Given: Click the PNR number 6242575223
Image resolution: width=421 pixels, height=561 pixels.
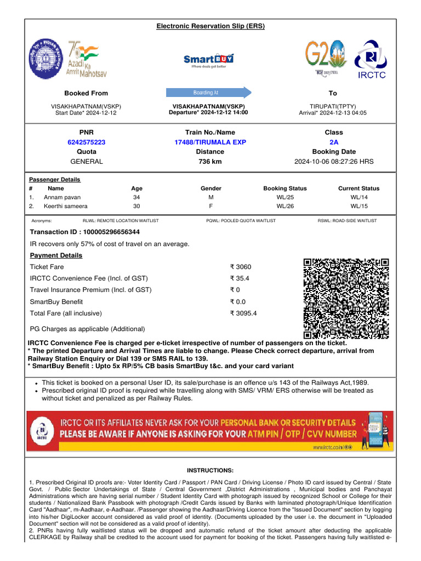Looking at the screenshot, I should [87, 142].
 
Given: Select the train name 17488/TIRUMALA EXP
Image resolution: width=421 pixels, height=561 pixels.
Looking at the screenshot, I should [210, 142].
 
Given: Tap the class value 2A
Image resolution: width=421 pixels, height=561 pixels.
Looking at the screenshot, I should [333, 142].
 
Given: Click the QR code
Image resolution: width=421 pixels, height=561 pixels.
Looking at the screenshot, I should [346, 299].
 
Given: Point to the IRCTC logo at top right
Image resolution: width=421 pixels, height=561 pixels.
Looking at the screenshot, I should [372, 60].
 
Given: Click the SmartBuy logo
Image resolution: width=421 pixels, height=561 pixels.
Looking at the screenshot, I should [208, 59].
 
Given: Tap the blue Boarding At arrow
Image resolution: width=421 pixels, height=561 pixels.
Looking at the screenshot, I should [209, 93].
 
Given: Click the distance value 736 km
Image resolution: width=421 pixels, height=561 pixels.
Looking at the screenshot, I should [210, 162].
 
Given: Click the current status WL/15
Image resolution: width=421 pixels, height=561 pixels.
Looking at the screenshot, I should [359, 207].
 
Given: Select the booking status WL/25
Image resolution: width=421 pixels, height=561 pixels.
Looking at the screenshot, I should [285, 197].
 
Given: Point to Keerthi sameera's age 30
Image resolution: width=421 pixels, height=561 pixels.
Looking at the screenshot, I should [136, 207].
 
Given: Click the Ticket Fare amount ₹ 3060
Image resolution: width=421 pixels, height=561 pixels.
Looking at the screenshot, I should [241, 267].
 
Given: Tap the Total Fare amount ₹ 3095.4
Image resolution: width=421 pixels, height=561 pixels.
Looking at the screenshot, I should [244, 313].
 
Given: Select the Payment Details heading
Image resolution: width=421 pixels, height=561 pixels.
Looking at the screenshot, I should [56, 255].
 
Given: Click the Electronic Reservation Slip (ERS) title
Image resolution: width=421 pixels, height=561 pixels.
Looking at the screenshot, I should [210, 26].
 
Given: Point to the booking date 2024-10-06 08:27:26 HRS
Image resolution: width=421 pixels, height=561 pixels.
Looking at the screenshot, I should [334, 162].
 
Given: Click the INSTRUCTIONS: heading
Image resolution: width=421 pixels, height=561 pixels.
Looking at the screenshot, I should [210, 470].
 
